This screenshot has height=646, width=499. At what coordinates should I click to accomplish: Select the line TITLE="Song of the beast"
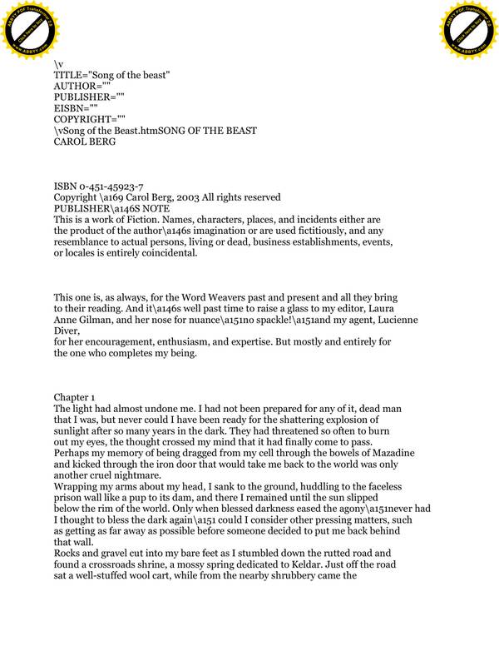[x=112, y=75]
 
